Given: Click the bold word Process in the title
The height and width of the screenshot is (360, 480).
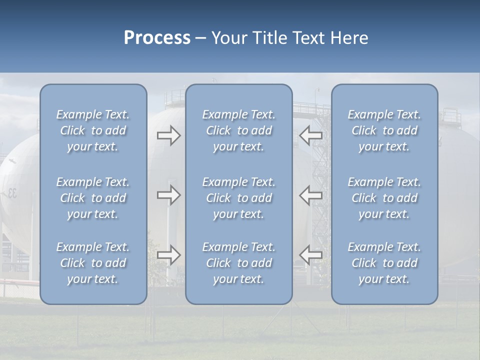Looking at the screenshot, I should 157,38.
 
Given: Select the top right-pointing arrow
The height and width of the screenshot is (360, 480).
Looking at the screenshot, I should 168,135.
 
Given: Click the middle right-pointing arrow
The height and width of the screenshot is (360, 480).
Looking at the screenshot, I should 168,195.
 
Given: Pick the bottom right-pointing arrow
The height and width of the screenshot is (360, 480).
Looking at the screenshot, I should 168,255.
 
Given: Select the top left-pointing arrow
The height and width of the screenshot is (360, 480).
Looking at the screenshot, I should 310,135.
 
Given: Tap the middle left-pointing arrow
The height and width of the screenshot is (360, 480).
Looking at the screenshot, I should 310,195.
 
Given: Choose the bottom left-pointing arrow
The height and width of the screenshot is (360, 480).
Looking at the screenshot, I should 310,255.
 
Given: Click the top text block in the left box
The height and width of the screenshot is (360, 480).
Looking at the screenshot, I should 93,130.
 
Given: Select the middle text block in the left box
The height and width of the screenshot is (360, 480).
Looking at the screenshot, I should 93,198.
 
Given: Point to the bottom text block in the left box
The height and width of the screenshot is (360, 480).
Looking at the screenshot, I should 93,263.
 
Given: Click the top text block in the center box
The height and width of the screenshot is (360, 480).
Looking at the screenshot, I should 238,130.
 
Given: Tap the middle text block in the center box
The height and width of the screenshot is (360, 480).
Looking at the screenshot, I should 238,198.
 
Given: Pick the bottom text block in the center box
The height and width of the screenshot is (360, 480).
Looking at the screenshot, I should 238,263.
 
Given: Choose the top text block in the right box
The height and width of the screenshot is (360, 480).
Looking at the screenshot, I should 384,130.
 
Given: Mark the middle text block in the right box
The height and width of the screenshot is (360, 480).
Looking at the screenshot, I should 384,198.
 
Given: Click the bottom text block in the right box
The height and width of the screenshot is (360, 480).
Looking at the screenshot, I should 384,263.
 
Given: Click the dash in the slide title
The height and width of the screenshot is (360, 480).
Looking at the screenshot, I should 201,38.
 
